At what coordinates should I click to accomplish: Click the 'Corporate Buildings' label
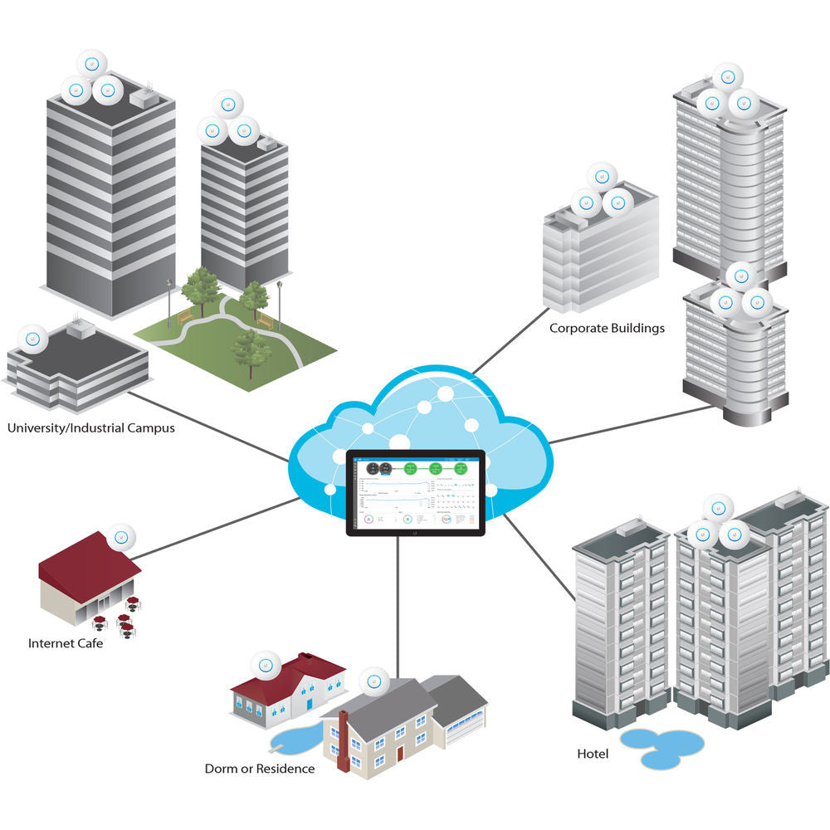coord(607,328)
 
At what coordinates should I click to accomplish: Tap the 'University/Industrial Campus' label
coord(90,429)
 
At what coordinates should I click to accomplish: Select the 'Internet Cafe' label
coord(66,643)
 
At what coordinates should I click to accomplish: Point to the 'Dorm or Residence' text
coord(260,769)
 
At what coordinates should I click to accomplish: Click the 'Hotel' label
coord(593,754)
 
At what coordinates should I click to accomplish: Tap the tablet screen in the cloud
coord(415,493)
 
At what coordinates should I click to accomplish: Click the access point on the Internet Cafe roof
coord(122,536)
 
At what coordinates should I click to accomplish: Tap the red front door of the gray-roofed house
coord(400,753)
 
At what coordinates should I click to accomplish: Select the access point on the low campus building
coord(33,338)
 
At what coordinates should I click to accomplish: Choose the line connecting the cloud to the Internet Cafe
coord(216,528)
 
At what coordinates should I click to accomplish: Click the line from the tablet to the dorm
coord(398,606)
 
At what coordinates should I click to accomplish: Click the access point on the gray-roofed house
coord(373,683)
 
